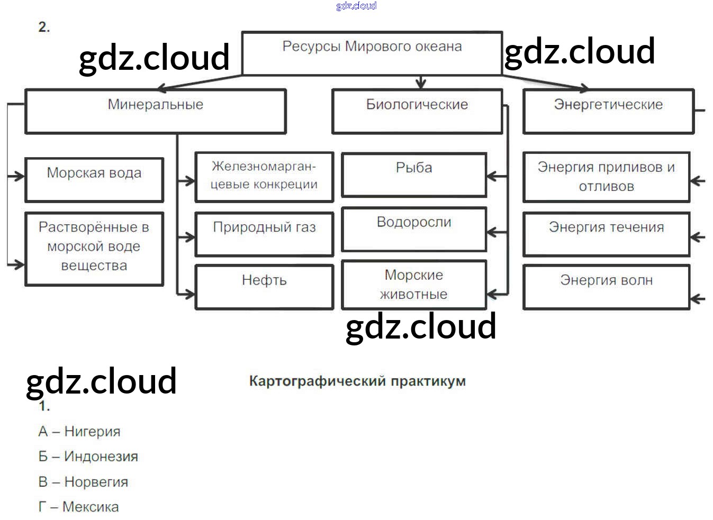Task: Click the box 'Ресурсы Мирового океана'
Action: tap(372, 53)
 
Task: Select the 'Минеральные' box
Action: tap(155, 111)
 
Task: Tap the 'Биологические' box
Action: tap(417, 111)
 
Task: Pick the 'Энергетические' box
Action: tap(608, 111)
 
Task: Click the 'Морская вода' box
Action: tap(94, 179)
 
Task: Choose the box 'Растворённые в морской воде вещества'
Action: tap(94, 249)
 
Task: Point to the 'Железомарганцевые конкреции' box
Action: tap(264, 177)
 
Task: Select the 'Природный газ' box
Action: tap(264, 234)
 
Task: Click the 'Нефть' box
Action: tap(264, 286)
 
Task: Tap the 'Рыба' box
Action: tap(413, 175)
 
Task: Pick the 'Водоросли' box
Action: tap(413, 229)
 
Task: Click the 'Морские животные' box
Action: tap(413, 285)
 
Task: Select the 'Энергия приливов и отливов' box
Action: tap(606, 177)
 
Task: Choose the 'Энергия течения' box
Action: tap(606, 234)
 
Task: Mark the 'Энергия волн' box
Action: tap(606, 286)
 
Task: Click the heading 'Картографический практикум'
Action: tap(357, 381)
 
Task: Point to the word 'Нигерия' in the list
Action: tap(92, 432)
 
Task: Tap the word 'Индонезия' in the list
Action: tap(101, 457)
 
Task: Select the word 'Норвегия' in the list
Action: tap(96, 482)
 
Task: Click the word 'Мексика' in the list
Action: tap(91, 507)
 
